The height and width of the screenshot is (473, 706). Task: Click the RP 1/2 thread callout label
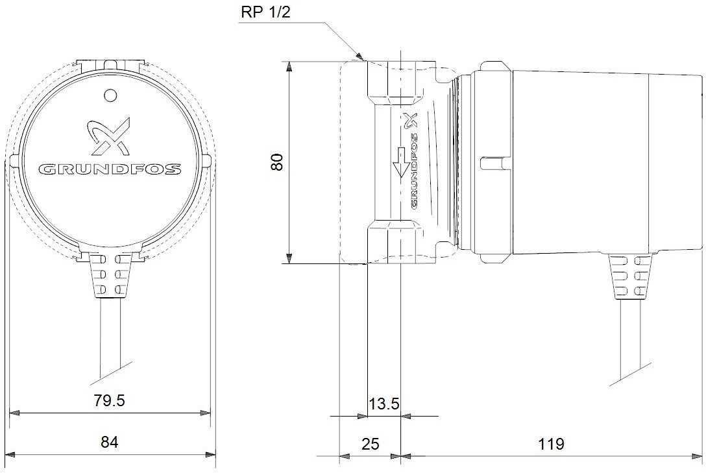click(x=265, y=12)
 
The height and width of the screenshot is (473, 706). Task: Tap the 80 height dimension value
click(x=277, y=162)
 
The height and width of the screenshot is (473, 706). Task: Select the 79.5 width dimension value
click(x=110, y=400)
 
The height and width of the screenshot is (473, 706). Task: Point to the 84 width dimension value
click(x=110, y=442)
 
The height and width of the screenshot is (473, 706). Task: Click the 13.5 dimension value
click(x=384, y=404)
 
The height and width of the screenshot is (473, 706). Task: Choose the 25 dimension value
click(x=371, y=444)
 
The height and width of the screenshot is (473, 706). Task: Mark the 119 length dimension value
click(x=551, y=444)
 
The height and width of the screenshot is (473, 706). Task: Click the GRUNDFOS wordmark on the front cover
click(x=110, y=169)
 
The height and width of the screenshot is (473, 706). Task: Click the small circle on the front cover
click(x=110, y=95)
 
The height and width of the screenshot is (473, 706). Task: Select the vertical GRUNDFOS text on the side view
click(x=414, y=169)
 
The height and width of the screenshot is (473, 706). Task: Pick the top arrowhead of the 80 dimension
click(x=289, y=68)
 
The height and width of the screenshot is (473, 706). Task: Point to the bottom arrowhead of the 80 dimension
click(x=289, y=257)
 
